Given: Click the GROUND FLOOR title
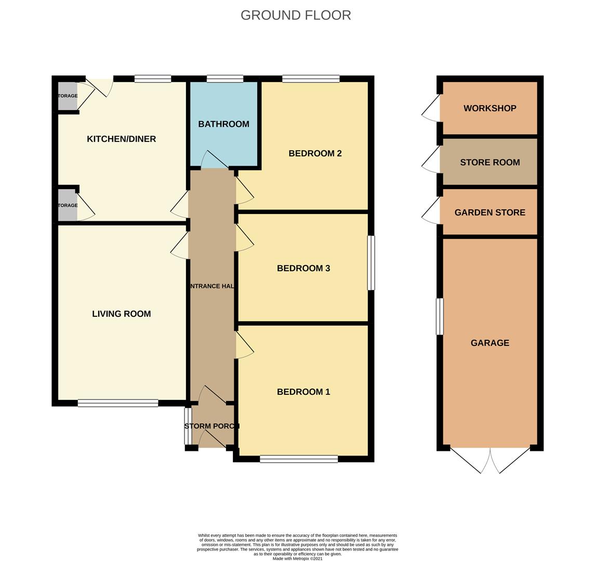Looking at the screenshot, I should (x=296, y=15).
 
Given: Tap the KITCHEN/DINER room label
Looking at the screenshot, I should (x=121, y=139).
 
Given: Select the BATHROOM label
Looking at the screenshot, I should (x=223, y=124).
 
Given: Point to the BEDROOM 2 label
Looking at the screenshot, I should (x=315, y=153).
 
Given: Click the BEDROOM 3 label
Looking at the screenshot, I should (x=303, y=268).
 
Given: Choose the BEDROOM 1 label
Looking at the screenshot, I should (x=303, y=392).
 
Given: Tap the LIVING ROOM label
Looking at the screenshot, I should (x=122, y=314).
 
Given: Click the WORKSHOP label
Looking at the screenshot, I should (x=490, y=108).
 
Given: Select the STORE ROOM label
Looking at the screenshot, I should (x=490, y=163).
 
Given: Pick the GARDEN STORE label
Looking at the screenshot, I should (x=490, y=212).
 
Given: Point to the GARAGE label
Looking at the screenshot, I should (x=490, y=343).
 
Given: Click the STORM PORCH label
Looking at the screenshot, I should (x=211, y=426).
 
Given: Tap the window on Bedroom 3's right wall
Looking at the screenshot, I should (x=371, y=263).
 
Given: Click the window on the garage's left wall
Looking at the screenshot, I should (x=440, y=316).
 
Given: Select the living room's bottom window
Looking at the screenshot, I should (x=118, y=403).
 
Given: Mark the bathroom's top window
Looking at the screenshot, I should (x=224, y=79).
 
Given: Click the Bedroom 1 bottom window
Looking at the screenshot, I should (x=299, y=459).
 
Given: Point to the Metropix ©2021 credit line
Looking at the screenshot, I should (x=297, y=558).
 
